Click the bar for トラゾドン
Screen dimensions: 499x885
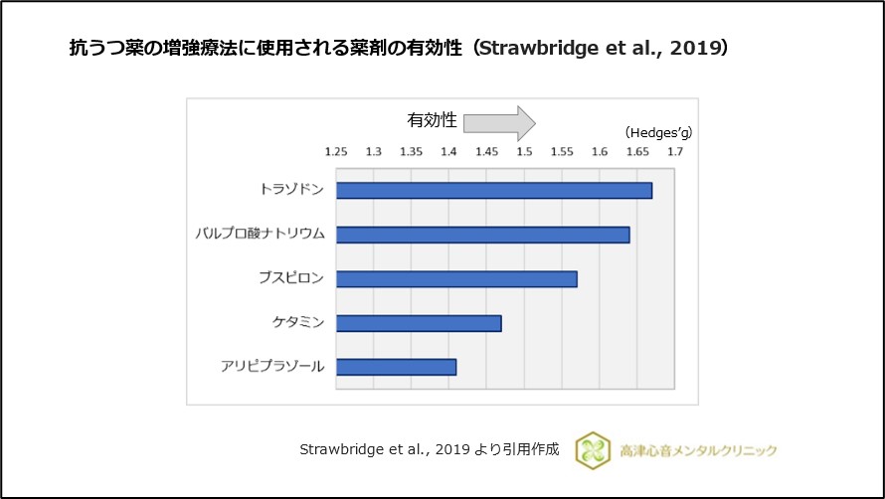[x=494, y=191]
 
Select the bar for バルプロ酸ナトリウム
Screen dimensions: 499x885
[x=483, y=235]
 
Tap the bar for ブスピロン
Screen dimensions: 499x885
[x=456, y=279]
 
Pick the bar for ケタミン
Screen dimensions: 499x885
[x=419, y=323]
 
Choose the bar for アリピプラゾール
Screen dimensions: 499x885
[x=397, y=367]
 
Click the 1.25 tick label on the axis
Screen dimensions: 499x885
[x=336, y=152]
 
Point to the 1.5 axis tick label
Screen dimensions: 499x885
[x=524, y=152]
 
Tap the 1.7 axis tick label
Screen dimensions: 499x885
[x=675, y=152]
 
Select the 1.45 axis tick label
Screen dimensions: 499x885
[x=486, y=152]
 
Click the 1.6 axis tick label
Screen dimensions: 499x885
[x=600, y=152]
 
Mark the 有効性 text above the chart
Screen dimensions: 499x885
[x=432, y=120]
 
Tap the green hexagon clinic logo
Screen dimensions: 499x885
[x=593, y=449]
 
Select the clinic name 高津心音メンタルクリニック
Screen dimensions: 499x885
[x=696, y=450]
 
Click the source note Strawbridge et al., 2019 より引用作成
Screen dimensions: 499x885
[x=430, y=449]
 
